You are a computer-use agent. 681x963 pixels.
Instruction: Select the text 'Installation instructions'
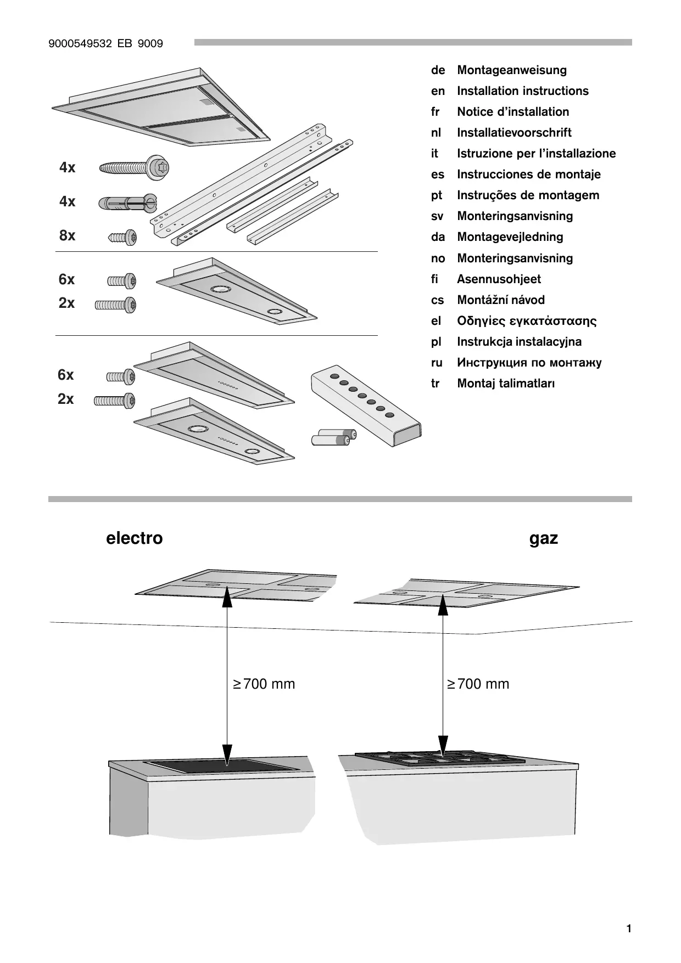(x=522, y=91)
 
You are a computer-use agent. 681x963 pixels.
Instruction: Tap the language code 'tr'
(x=435, y=384)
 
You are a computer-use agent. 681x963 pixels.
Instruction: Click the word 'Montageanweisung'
(x=512, y=70)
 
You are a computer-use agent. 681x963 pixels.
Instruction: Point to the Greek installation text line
(x=527, y=321)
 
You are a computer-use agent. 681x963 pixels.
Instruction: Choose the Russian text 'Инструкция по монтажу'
(x=529, y=363)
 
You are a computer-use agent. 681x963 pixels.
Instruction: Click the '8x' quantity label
(x=67, y=235)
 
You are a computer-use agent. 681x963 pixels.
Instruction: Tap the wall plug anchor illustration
(x=127, y=203)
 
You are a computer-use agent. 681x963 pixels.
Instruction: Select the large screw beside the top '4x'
(x=134, y=167)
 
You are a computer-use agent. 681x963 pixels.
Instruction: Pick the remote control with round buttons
(x=366, y=407)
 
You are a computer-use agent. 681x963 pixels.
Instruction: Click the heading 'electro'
(x=134, y=538)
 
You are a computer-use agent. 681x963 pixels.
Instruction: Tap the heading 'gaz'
(x=543, y=538)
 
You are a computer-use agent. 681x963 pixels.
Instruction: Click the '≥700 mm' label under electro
(x=264, y=684)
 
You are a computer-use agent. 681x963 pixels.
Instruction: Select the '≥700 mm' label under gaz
(x=478, y=684)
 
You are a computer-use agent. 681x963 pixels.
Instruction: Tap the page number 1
(x=628, y=929)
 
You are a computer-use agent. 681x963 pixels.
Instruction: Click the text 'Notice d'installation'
(x=513, y=112)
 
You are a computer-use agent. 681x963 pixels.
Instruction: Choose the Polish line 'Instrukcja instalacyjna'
(x=519, y=342)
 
